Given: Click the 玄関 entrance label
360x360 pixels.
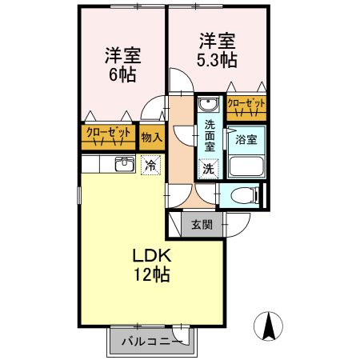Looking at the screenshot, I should pos(202,225).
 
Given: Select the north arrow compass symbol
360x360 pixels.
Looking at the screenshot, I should pos(270,325).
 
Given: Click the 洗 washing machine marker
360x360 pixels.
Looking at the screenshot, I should pos(207,169).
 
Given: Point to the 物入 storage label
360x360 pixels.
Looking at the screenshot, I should pos(151,137).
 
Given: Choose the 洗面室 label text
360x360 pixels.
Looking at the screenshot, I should pos(209,136).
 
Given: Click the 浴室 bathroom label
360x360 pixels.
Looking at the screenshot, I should pos(246,140).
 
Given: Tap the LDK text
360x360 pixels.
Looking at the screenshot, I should pos(150,257).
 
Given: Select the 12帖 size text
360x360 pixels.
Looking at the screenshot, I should pos(150,275).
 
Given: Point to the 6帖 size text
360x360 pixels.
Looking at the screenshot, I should pos(123,75).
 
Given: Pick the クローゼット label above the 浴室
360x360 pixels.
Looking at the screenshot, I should pos(246,104).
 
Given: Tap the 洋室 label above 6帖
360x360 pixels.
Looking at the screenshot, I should pos(123,56).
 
